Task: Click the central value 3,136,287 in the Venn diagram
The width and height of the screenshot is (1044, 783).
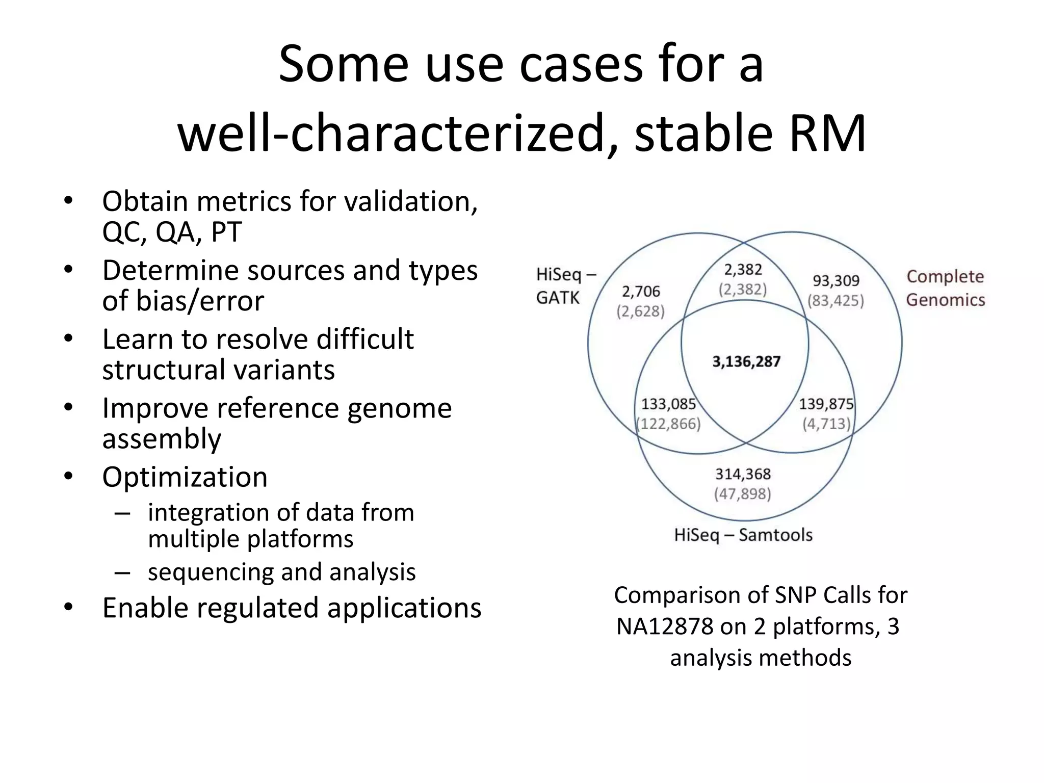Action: pyautogui.click(x=746, y=362)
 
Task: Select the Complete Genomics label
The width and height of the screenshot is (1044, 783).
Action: pyautogui.click(x=945, y=288)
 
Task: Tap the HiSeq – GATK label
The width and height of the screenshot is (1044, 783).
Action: pyautogui.click(x=565, y=286)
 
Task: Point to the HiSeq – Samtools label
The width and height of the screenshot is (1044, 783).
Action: pyautogui.click(x=743, y=535)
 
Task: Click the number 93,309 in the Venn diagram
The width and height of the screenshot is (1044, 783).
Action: pyautogui.click(x=836, y=280)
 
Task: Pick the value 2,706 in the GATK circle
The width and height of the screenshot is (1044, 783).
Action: pyautogui.click(x=641, y=292)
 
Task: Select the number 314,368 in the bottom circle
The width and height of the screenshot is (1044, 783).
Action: pyautogui.click(x=743, y=474)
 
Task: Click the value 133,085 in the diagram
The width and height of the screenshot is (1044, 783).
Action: pyautogui.click(x=668, y=404)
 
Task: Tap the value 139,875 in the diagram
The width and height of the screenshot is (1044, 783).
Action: pyautogui.click(x=826, y=404)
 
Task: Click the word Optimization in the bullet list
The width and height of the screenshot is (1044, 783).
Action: pyautogui.click(x=185, y=478)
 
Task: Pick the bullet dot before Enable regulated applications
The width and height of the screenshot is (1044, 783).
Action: pyautogui.click(x=69, y=607)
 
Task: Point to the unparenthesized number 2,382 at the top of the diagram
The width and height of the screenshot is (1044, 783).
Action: pyautogui.click(x=743, y=269)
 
